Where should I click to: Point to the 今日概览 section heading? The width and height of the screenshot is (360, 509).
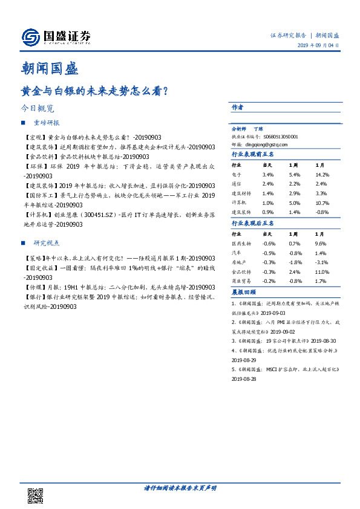coord(37,109)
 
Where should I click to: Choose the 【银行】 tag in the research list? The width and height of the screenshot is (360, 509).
coord(34,297)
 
